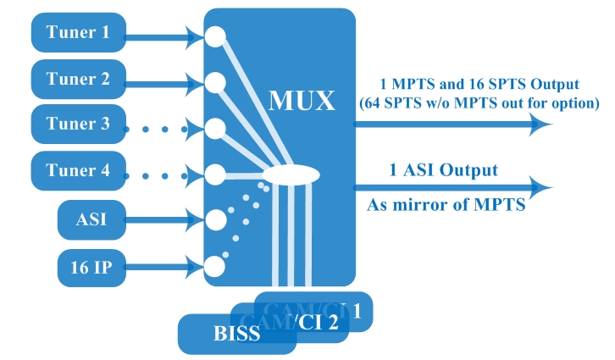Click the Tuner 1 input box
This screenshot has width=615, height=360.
click(78, 33)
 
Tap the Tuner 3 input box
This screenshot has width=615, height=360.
click(78, 125)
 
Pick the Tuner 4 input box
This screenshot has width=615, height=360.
click(78, 170)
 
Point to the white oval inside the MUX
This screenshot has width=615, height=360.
click(291, 175)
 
